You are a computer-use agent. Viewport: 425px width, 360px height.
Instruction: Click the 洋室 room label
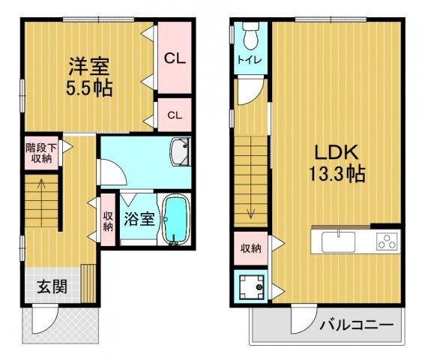(88, 66)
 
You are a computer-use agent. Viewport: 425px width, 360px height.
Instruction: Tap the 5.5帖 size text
(88, 88)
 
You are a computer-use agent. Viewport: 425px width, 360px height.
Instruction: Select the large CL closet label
(175, 58)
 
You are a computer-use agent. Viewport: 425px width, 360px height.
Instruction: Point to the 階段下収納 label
(38, 153)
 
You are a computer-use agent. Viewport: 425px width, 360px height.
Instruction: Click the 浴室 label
(139, 220)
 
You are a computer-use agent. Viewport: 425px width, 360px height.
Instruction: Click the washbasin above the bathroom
(180, 154)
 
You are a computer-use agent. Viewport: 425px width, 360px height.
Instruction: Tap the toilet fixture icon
(250, 35)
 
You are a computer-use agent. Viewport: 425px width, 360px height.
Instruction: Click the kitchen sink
(340, 242)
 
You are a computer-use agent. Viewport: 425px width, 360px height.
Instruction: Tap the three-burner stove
(387, 241)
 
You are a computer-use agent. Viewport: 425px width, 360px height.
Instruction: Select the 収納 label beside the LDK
(250, 248)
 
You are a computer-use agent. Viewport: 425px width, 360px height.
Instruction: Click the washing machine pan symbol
(250, 285)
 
